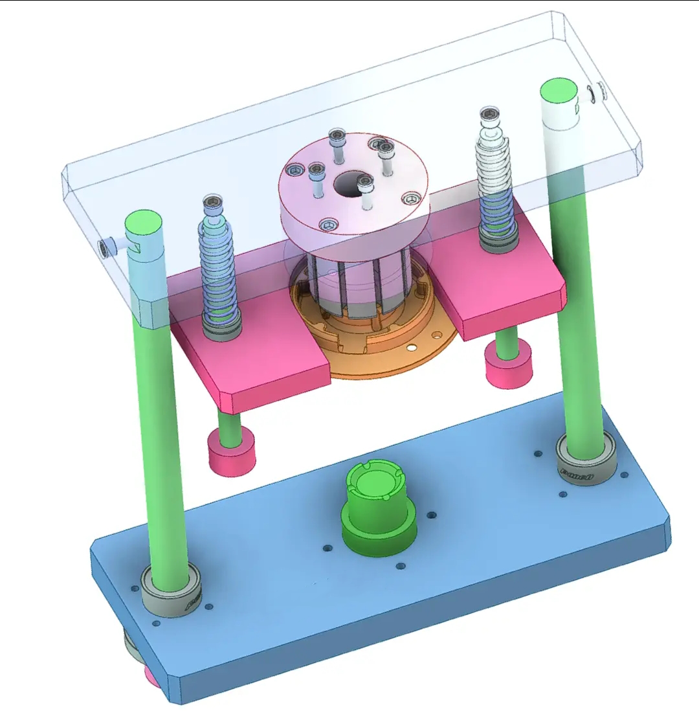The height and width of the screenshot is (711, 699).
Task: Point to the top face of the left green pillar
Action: (143, 223)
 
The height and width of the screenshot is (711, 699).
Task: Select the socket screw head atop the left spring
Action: (212, 204)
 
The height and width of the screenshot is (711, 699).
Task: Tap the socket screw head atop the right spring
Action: (491, 115)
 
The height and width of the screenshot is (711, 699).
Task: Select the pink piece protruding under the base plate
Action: (151, 677)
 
